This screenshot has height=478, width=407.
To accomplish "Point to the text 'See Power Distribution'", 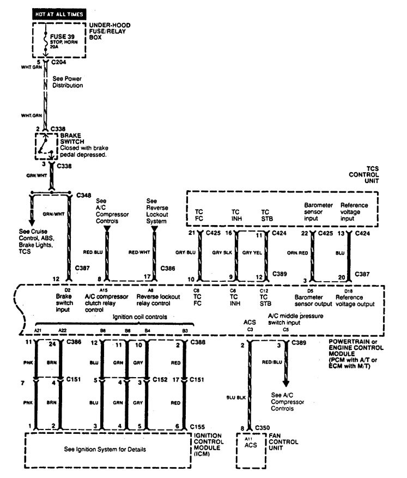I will tap(68, 82).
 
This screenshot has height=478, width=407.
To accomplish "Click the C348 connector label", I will tap(84, 195).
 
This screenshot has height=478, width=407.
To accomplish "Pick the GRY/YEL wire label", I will tap(252, 253).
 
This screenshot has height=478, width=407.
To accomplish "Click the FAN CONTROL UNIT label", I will tap(283, 441).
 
